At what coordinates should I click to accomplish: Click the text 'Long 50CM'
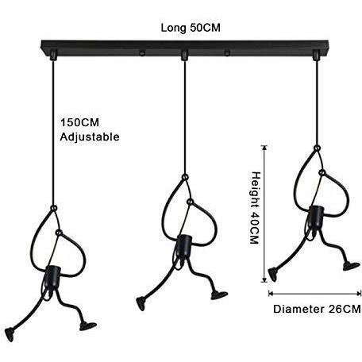(x=191, y=28)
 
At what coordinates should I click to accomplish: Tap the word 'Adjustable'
(x=90, y=137)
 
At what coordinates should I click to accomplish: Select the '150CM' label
(x=79, y=122)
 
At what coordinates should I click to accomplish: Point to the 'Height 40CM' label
(x=256, y=208)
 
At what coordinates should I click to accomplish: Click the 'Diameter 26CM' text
(x=317, y=309)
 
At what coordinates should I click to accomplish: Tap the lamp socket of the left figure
(x=52, y=276)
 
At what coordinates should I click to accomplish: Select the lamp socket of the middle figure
(x=183, y=246)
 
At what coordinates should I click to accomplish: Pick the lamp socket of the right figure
(x=316, y=217)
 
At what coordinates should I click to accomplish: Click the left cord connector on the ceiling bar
(x=53, y=55)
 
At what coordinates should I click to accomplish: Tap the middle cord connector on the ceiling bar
(x=184, y=55)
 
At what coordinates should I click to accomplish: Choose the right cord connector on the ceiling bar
(x=316, y=55)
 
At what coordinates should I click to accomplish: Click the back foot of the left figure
(x=10, y=334)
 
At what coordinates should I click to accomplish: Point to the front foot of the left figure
(x=88, y=326)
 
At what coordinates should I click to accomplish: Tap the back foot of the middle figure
(x=141, y=303)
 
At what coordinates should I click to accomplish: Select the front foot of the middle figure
(x=219, y=295)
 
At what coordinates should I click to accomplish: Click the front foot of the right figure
(x=352, y=266)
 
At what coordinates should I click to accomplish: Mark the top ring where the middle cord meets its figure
(x=185, y=176)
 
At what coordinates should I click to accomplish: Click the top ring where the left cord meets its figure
(x=53, y=208)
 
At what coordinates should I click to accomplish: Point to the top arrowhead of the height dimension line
(x=264, y=146)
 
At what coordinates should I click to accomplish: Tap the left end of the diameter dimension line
(x=269, y=293)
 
